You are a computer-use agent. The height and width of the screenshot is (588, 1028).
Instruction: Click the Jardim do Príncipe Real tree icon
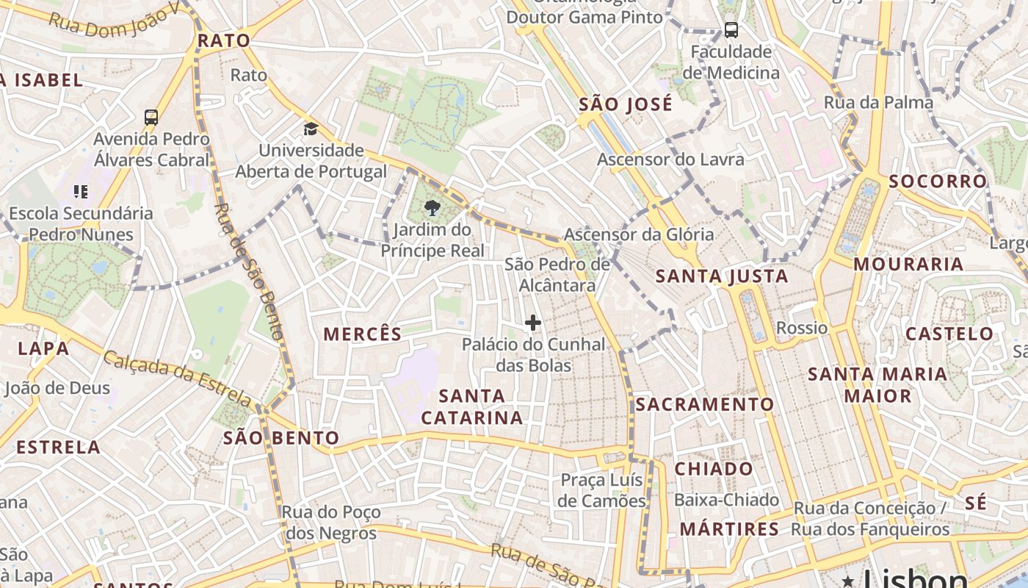pos(432,208)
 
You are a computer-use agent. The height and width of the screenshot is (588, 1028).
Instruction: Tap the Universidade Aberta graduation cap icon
pos(311,129)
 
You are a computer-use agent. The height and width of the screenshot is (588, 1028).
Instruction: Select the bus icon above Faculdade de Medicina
pos(731,30)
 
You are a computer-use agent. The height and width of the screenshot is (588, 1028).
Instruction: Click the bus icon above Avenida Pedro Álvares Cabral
pos(151,117)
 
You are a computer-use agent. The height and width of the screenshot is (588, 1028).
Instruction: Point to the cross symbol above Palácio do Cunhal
pos(533,322)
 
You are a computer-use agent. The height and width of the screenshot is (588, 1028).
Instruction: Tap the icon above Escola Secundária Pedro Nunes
pos(81,192)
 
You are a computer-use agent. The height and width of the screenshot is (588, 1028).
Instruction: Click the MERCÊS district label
pos(363,334)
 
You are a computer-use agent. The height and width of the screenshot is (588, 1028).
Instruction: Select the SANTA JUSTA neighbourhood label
pos(722,276)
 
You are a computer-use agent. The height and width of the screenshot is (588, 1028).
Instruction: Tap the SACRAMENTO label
pos(705,404)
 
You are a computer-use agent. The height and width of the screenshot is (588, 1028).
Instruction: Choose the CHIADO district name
pos(714,469)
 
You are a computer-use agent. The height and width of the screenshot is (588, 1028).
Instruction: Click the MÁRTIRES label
pos(729,529)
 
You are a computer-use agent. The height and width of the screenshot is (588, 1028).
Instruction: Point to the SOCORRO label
pos(938,182)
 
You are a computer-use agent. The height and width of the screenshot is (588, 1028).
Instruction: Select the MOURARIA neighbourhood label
pos(908,264)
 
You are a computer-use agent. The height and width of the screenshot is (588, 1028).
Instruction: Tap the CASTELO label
pos(949,334)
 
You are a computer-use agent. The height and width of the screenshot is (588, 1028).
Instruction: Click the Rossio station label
pos(802,328)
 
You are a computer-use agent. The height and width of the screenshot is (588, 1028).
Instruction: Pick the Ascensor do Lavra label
pos(670,159)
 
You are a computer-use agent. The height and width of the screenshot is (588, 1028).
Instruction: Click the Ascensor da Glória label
pos(639,234)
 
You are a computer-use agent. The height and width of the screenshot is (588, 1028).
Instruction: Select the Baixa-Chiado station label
pos(727,500)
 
